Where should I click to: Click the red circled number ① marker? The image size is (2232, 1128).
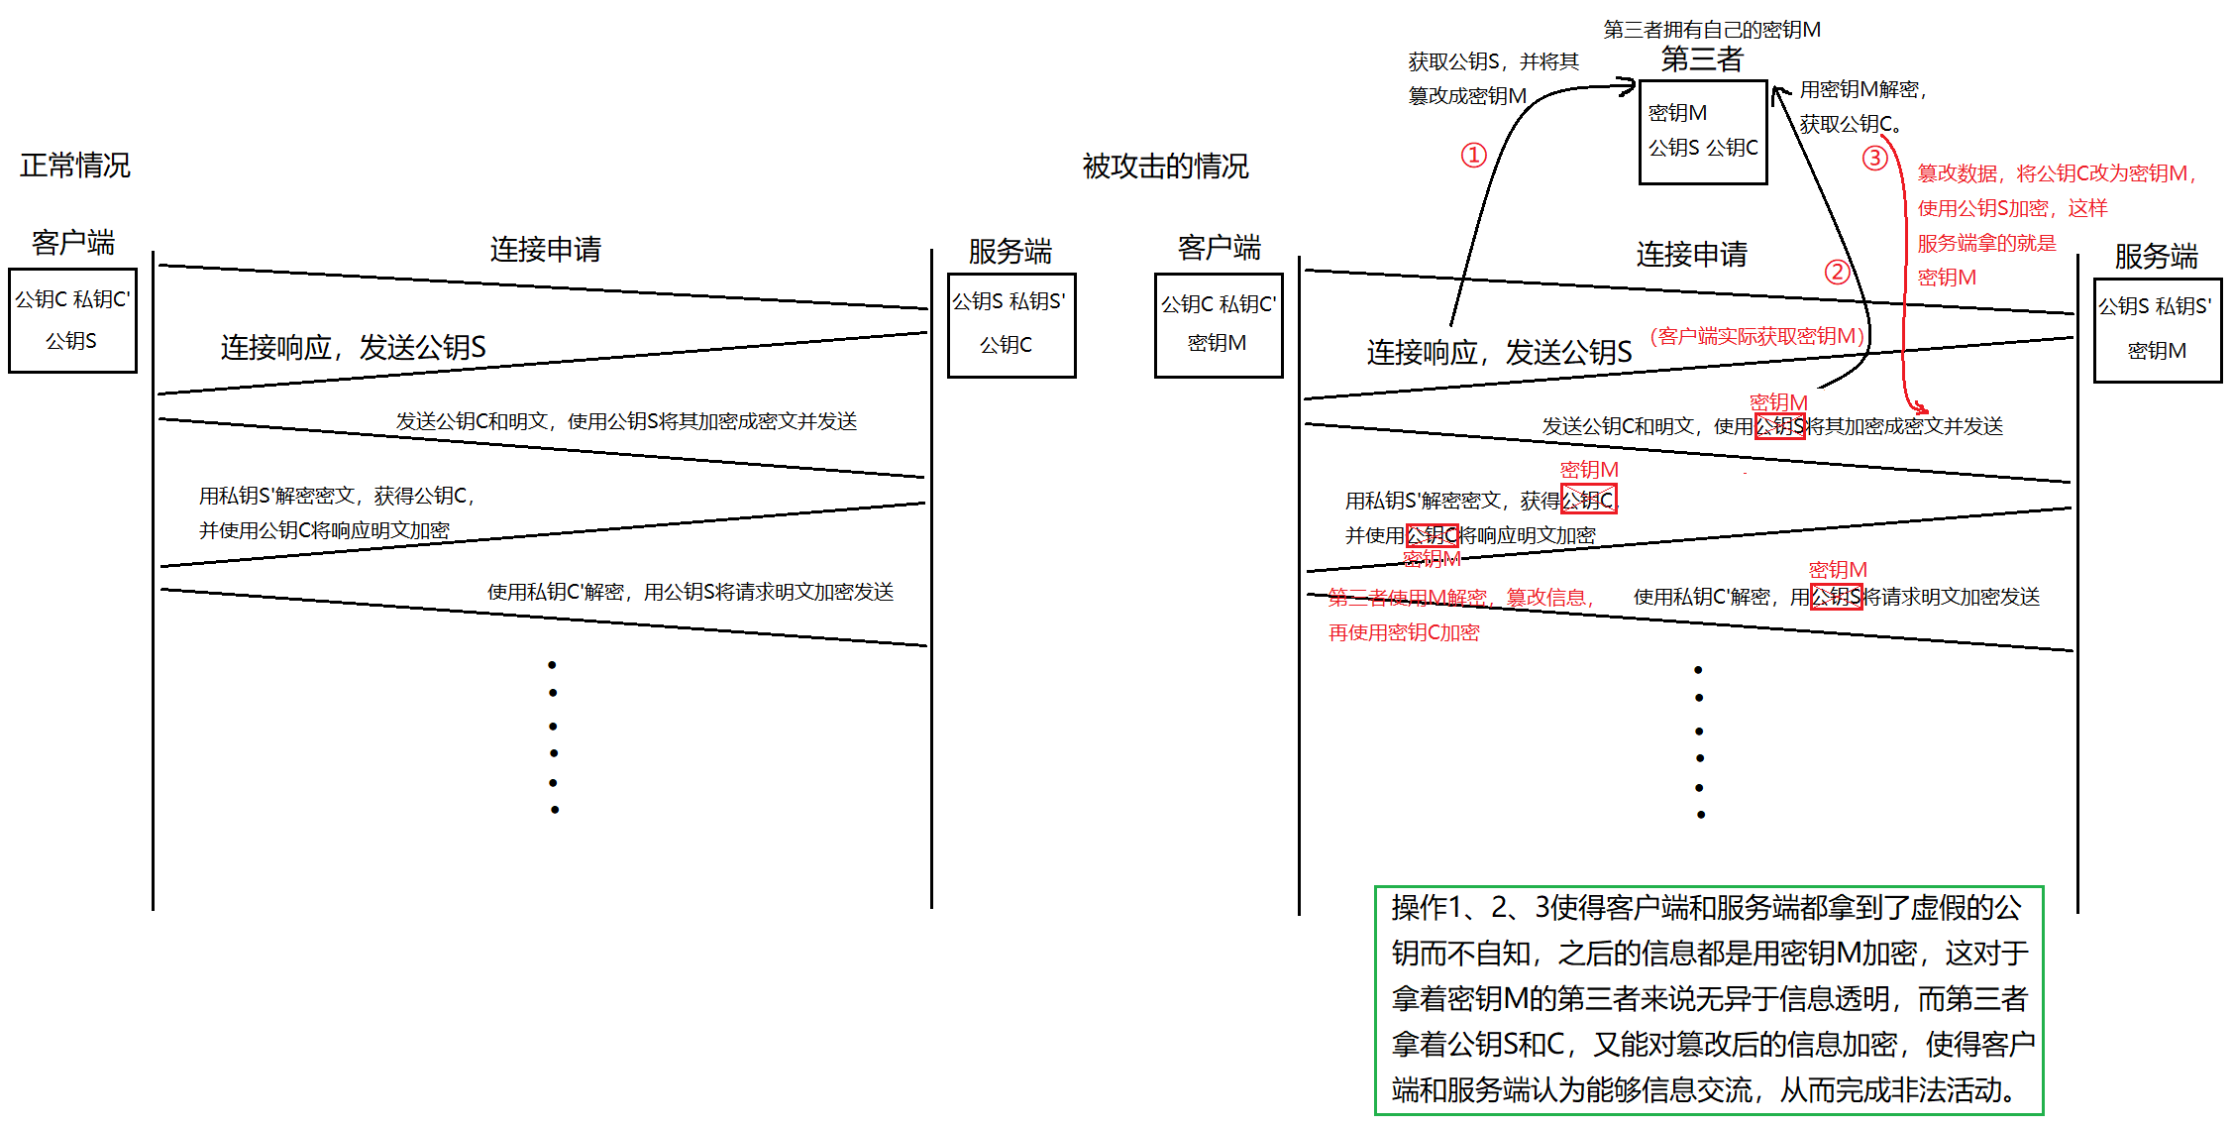click(x=1473, y=155)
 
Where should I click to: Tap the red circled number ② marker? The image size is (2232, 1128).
click(x=1837, y=272)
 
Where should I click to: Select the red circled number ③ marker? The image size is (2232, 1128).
click(x=1874, y=158)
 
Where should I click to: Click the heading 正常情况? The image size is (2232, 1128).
click(x=75, y=165)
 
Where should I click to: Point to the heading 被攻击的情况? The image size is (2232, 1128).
click(x=1165, y=166)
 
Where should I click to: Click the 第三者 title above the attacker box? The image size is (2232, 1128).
click(x=1701, y=59)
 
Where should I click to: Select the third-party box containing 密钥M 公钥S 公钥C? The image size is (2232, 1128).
click(x=1703, y=132)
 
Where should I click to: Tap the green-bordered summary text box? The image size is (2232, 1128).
click(x=1709, y=999)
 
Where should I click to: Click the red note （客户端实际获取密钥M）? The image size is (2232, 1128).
click(x=1757, y=336)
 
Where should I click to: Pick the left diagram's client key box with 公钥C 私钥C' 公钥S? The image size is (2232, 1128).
click(x=72, y=320)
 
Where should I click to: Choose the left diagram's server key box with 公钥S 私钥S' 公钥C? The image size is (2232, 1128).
click(x=1010, y=324)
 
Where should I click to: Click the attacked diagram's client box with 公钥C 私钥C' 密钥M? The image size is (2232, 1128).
click(x=1218, y=324)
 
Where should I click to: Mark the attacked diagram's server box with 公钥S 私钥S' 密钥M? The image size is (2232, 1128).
click(x=2157, y=329)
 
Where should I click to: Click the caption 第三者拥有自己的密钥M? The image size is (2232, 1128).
click(x=1711, y=30)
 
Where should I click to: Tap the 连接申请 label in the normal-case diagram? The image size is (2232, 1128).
click(x=545, y=249)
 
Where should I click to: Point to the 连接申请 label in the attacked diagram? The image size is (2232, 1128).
click(x=1691, y=254)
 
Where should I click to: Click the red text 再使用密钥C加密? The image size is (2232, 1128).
click(x=1403, y=632)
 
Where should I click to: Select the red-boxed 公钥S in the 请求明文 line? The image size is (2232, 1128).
click(x=1836, y=597)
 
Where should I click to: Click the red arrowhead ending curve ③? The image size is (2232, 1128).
click(x=1921, y=407)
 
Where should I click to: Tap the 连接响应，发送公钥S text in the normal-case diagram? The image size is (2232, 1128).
click(x=353, y=347)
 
